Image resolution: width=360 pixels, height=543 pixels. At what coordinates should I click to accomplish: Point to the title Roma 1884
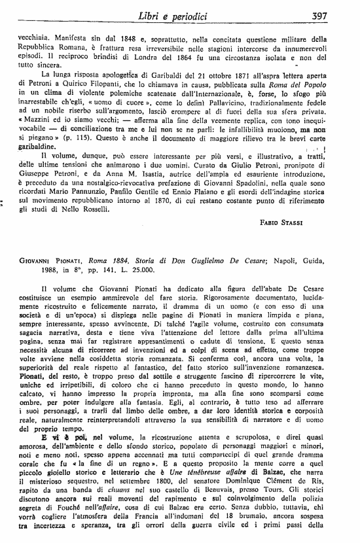click(115, 278)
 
